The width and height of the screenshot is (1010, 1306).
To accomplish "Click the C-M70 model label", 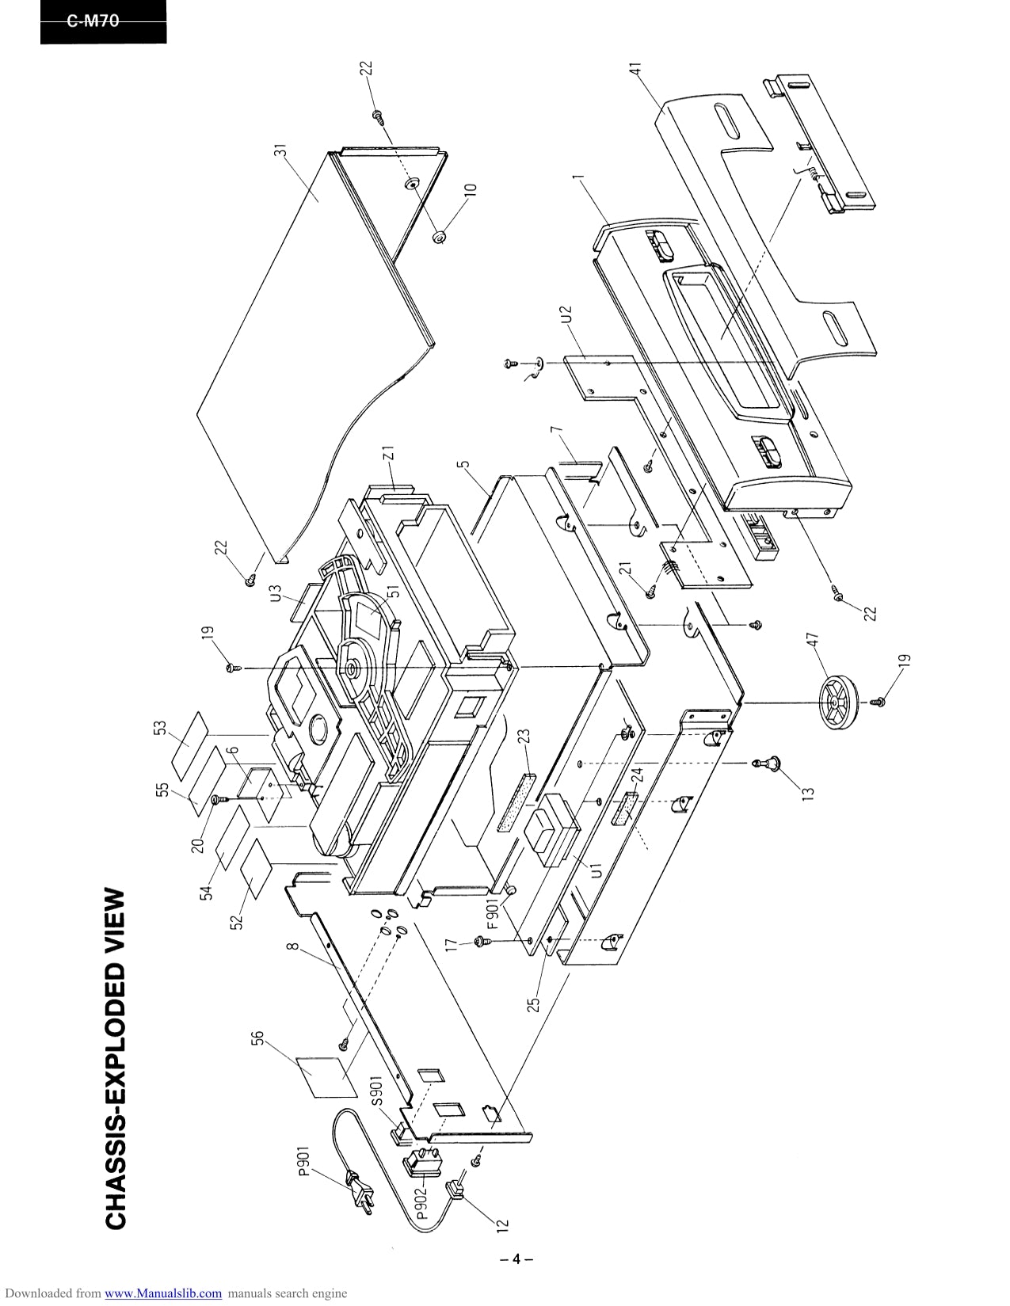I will pyautogui.click(x=93, y=22).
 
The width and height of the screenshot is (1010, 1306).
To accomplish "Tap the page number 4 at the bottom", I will pyautogui.click(x=516, y=1258).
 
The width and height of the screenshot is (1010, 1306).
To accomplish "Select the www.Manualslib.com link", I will pyautogui.click(x=163, y=1293).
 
